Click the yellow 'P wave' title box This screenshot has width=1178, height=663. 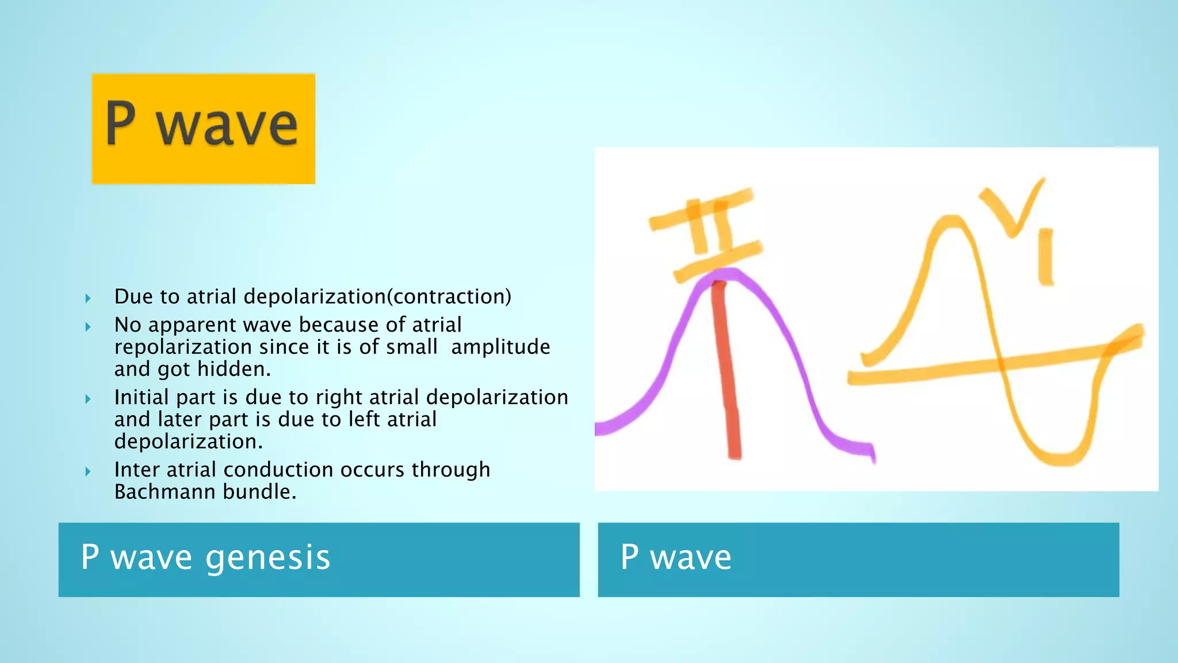[203, 128]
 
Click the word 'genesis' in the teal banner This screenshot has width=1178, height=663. [267, 558]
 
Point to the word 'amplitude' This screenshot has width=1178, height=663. [500, 347]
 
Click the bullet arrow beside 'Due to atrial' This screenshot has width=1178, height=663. [88, 298]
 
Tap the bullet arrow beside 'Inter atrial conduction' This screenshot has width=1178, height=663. [88, 471]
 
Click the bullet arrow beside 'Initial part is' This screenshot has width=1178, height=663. [88, 399]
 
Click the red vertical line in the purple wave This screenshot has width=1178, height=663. [726, 368]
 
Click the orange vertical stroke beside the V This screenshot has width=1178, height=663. [1046, 257]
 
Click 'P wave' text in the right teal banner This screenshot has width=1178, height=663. [676, 558]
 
